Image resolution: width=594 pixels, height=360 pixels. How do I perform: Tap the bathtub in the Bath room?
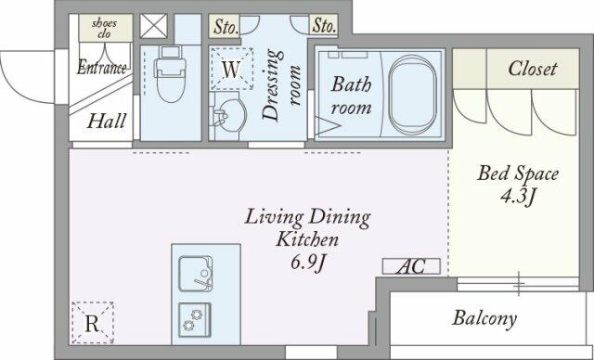tap(412, 95)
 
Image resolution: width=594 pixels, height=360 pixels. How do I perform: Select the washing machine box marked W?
tap(231, 69)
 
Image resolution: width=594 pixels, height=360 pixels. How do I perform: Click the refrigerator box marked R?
tap(93, 323)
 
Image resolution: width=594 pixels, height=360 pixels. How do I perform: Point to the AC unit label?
tap(411, 266)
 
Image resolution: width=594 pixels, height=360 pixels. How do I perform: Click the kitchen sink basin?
tap(196, 274)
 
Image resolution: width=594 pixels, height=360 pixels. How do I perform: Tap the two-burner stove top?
tap(195, 320)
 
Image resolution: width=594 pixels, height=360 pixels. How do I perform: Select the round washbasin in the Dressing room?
tap(227, 115)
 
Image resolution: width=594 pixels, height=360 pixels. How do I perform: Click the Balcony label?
tap(484, 318)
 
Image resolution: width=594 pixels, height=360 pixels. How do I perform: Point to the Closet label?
tap(532, 69)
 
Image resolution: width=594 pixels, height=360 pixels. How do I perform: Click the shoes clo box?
tap(106, 28)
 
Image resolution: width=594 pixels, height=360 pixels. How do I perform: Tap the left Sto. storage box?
tap(225, 26)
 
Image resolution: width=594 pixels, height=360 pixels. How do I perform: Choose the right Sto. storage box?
tap(324, 26)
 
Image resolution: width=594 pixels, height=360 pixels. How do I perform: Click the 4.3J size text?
tap(518, 197)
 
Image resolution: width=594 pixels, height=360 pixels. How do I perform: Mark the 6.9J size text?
tap(308, 263)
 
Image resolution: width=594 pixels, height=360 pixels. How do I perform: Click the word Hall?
tap(107, 122)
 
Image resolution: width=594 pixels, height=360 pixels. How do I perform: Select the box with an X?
tap(153, 26)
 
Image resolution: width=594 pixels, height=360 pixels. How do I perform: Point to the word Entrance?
tap(101, 68)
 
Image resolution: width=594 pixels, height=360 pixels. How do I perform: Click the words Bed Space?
tap(518, 174)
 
